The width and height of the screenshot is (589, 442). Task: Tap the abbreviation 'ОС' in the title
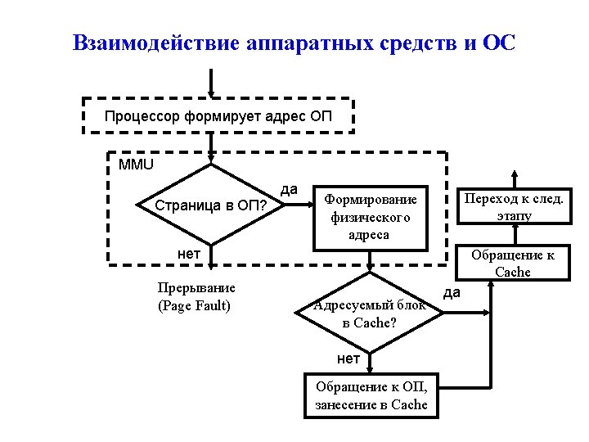[499, 43]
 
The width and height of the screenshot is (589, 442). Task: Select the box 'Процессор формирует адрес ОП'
[218, 115]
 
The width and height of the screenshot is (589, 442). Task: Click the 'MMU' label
[136, 164]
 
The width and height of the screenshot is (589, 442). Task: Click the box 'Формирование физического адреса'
[370, 217]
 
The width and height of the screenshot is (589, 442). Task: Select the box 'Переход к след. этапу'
[514, 207]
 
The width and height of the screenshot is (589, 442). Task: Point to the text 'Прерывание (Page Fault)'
[196, 296]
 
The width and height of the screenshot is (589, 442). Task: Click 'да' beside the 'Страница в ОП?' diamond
[289, 189]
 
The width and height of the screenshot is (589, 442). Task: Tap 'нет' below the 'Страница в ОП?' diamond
[189, 254]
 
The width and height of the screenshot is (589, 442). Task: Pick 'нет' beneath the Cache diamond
[348, 359]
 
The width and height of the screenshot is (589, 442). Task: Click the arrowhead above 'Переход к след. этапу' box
[514, 174]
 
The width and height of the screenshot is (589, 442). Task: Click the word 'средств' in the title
[418, 43]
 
